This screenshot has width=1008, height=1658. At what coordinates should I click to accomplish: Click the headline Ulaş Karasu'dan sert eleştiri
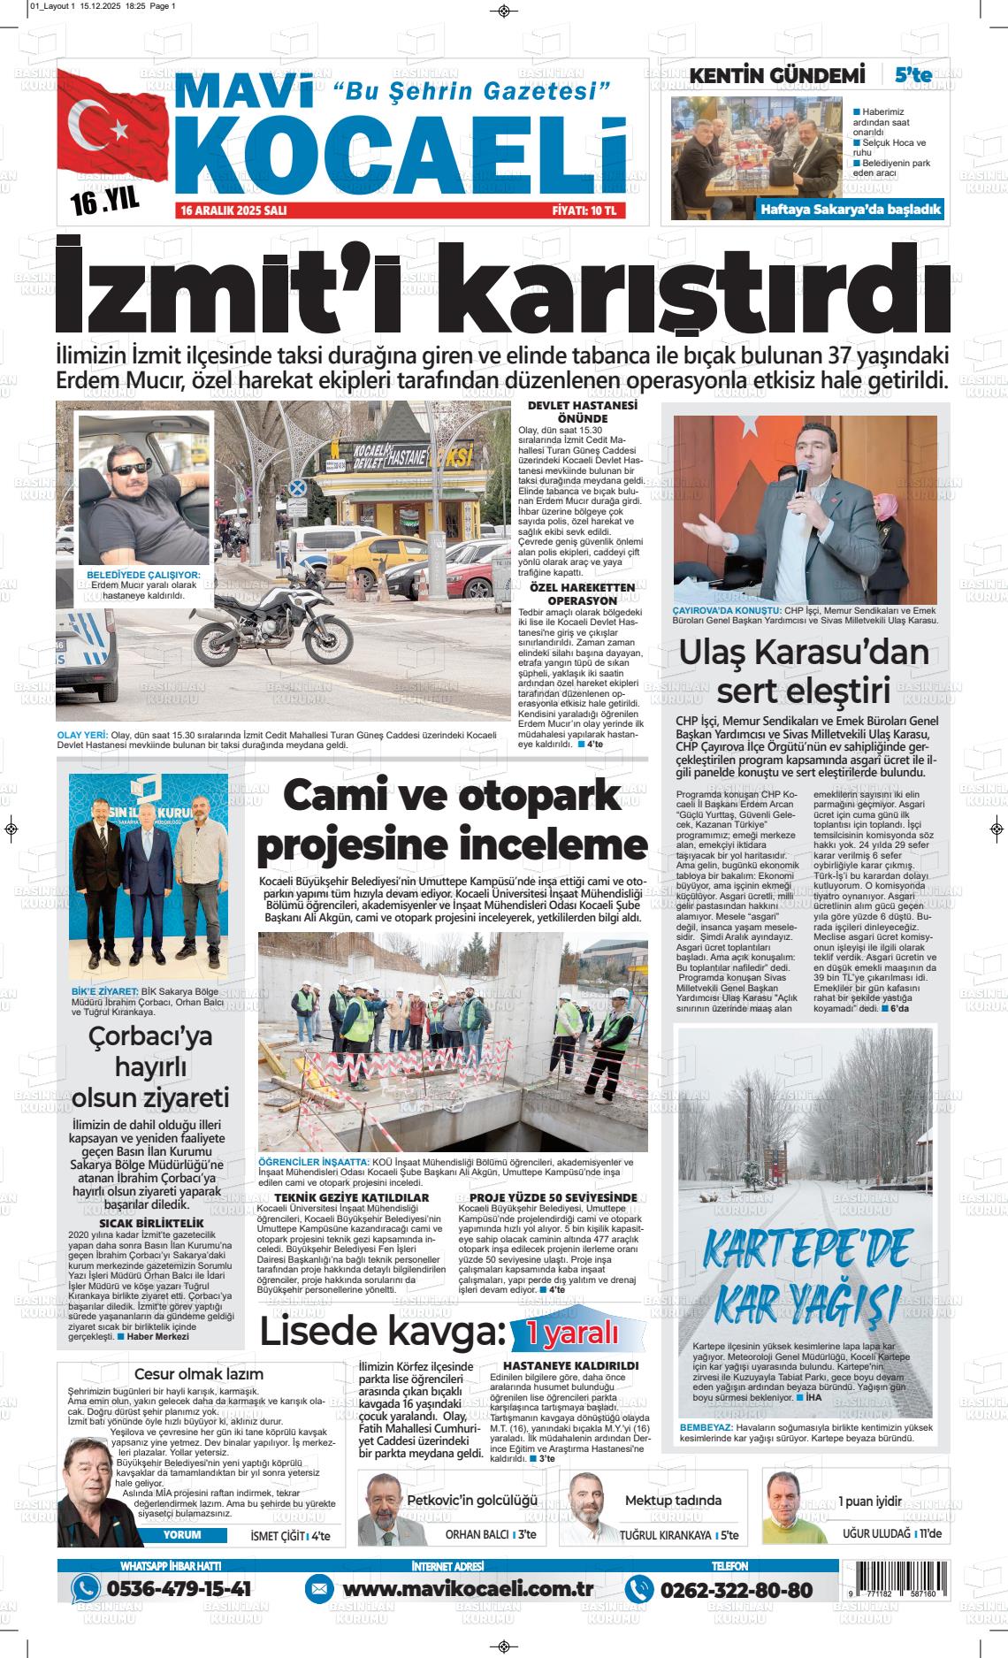803,671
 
